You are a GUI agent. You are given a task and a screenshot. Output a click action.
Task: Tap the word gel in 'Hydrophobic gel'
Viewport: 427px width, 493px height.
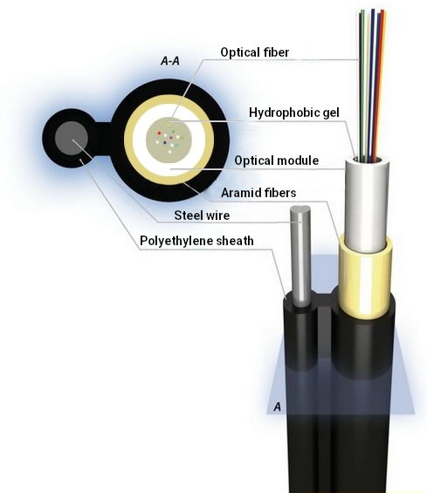coord(330,113)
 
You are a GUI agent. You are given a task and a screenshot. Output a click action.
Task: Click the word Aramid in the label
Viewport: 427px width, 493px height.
coord(238,193)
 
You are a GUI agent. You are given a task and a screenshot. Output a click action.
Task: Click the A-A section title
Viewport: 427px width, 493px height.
coord(170,61)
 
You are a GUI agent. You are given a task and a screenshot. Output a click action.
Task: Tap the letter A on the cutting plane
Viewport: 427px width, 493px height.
coord(277,407)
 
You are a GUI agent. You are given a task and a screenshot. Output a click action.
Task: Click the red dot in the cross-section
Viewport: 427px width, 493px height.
coord(159,133)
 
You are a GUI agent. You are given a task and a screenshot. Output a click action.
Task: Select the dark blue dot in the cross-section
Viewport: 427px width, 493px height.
coord(164,143)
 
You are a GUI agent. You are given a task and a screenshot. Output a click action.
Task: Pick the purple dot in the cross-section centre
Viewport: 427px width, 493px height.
coord(171,137)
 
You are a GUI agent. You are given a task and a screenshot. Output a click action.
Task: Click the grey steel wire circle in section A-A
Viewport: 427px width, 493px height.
coord(72,139)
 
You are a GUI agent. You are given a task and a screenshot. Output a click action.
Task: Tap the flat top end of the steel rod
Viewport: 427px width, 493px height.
coord(300,209)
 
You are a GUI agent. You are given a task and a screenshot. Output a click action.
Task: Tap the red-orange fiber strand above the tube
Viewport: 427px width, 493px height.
coord(380,82)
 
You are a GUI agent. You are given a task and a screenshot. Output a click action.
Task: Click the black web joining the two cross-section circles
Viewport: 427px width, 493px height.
coord(102,139)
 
